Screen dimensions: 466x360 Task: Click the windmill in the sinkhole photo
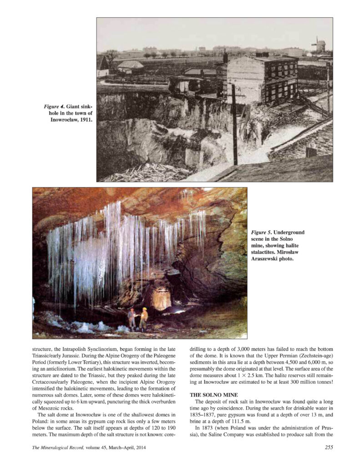pos(319,45)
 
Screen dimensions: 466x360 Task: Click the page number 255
pos(327,447)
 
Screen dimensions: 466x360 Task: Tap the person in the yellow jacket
pos(144,319)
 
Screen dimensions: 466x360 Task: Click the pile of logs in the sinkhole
pos(146,173)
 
